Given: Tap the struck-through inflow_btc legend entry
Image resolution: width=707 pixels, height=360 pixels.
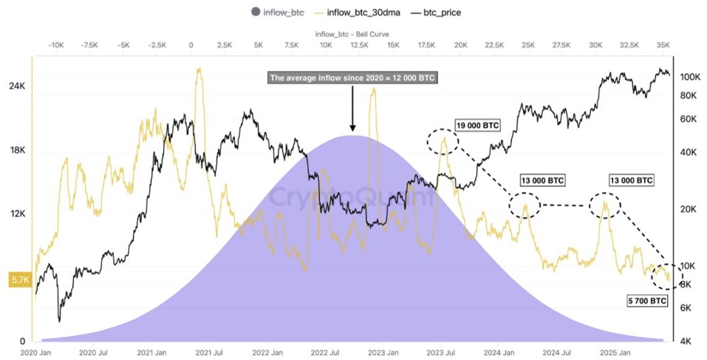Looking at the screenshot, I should click(x=283, y=11).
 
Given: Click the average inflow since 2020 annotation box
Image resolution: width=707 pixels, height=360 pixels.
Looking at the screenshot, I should click(x=352, y=78).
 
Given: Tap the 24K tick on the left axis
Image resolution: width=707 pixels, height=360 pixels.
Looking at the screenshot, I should click(x=17, y=86).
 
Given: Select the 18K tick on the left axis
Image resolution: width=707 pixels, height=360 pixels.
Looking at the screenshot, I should click(x=17, y=150).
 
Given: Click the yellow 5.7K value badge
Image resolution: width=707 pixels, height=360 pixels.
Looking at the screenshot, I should click(x=18, y=279).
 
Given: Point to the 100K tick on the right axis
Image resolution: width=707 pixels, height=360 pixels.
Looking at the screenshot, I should click(x=690, y=77).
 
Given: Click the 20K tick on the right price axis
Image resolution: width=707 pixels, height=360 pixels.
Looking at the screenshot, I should click(x=689, y=209).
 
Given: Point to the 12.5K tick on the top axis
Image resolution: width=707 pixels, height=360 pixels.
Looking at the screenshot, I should click(x=359, y=45).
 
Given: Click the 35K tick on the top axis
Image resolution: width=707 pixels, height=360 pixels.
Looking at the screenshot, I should click(x=663, y=45).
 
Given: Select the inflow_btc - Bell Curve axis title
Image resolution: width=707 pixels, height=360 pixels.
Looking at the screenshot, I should click(x=352, y=34).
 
